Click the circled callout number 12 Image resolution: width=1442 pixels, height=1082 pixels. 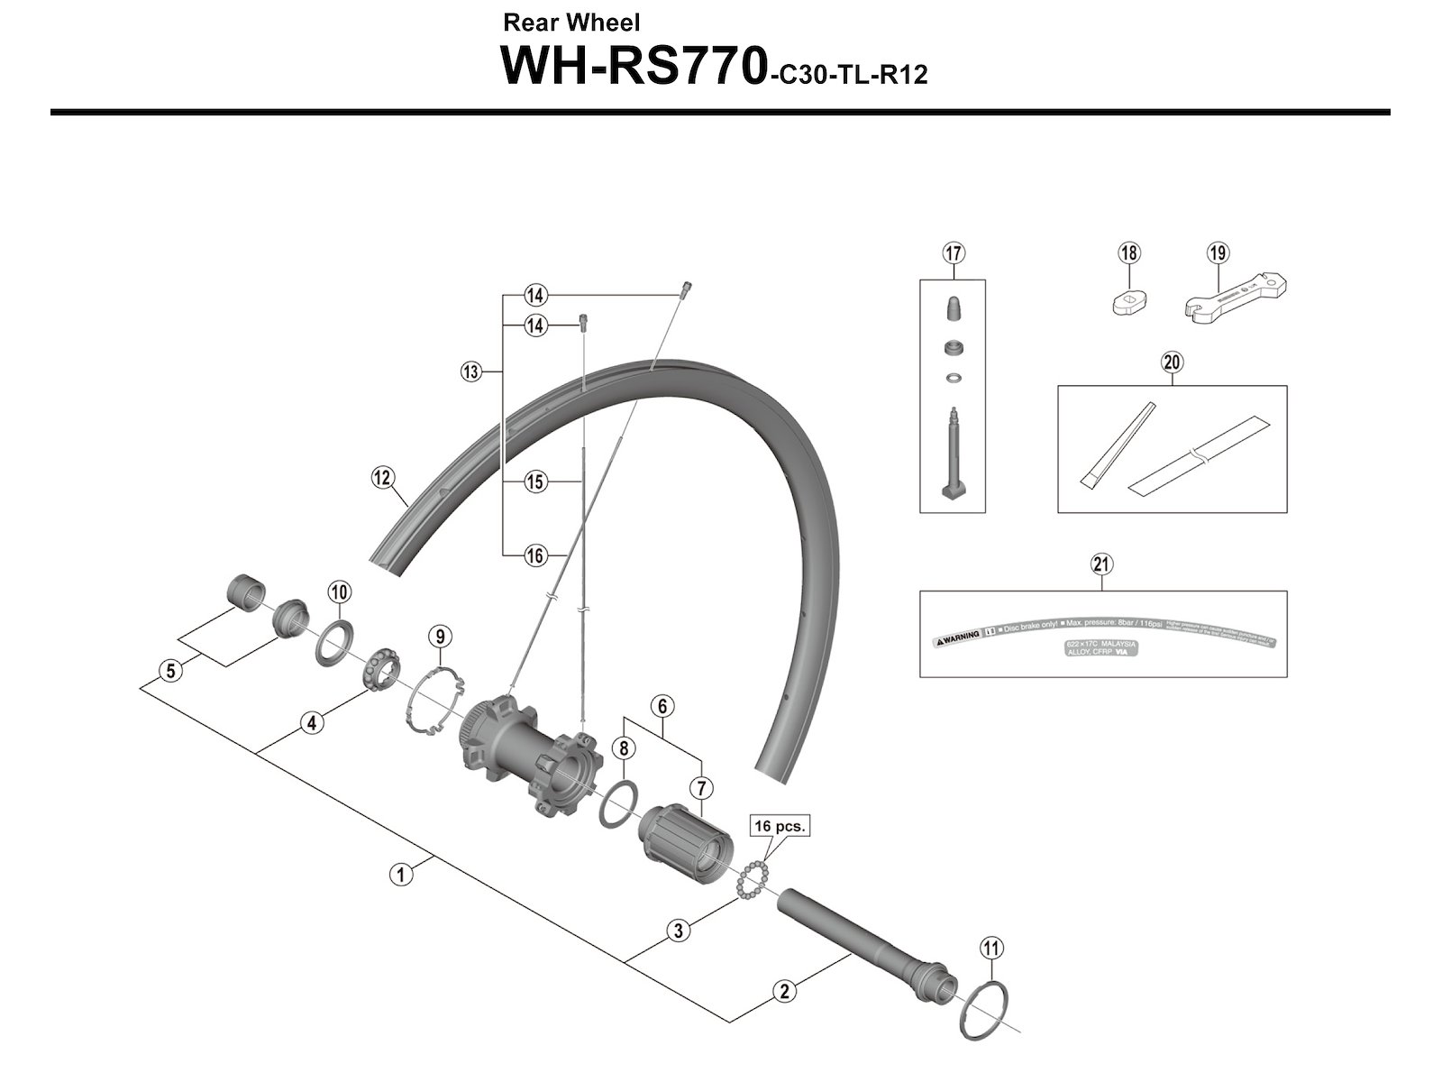point(383,477)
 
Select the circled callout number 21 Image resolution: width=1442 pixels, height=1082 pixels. point(1101,564)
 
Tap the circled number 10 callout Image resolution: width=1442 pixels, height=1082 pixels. point(339,592)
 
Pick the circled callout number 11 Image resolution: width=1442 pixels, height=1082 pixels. point(991,949)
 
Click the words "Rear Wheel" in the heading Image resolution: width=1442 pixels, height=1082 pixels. point(572,22)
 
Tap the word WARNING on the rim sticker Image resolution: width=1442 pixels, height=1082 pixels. point(956,636)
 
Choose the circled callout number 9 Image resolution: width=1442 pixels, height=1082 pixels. point(439,637)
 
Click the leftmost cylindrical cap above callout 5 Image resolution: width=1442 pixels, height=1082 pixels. point(243,592)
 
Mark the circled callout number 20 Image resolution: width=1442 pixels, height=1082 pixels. point(1172,362)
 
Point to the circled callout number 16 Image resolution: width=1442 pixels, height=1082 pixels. point(535,555)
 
